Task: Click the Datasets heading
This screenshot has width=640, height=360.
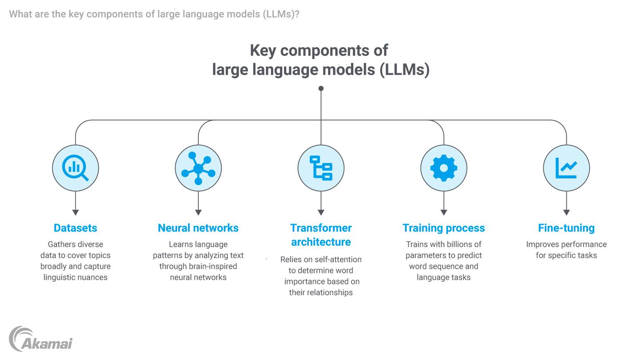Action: pos(75,228)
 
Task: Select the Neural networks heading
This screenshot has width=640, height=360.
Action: pos(198,228)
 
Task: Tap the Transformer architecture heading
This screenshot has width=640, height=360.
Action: pos(321,235)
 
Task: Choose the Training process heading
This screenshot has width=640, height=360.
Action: pos(444,228)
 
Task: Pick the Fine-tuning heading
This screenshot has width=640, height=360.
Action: pos(566,228)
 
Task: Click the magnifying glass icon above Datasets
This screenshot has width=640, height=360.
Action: pos(75,168)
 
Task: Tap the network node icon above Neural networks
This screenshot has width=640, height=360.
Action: pos(198,168)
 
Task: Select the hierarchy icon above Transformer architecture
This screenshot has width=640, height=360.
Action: pos(321,168)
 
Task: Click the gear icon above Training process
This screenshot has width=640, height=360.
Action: pos(444,168)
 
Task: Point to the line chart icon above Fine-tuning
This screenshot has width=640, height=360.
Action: pos(566,168)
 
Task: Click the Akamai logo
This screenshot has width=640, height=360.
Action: pos(40,340)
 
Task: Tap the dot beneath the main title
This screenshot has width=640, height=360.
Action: pos(321,88)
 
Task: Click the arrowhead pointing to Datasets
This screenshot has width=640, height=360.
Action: pos(76,212)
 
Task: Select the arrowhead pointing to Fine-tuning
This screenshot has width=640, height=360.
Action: pos(566,212)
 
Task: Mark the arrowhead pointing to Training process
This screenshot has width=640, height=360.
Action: pos(444,212)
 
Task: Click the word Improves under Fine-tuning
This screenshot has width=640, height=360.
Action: pos(542,244)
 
